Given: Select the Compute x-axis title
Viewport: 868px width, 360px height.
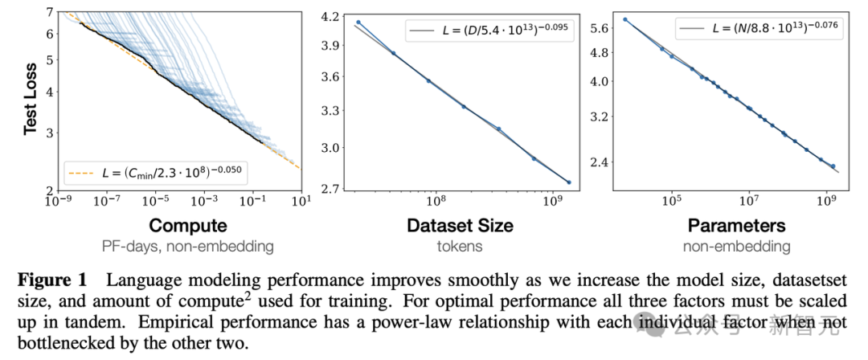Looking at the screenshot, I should (188, 225).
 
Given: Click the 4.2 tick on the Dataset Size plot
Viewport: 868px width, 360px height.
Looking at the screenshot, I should (330, 15).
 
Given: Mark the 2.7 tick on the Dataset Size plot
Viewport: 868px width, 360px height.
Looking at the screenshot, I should (330, 189).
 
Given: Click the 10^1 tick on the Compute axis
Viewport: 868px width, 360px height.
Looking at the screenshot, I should (300, 201).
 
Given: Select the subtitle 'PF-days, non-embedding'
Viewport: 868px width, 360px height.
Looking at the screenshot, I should (188, 246).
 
